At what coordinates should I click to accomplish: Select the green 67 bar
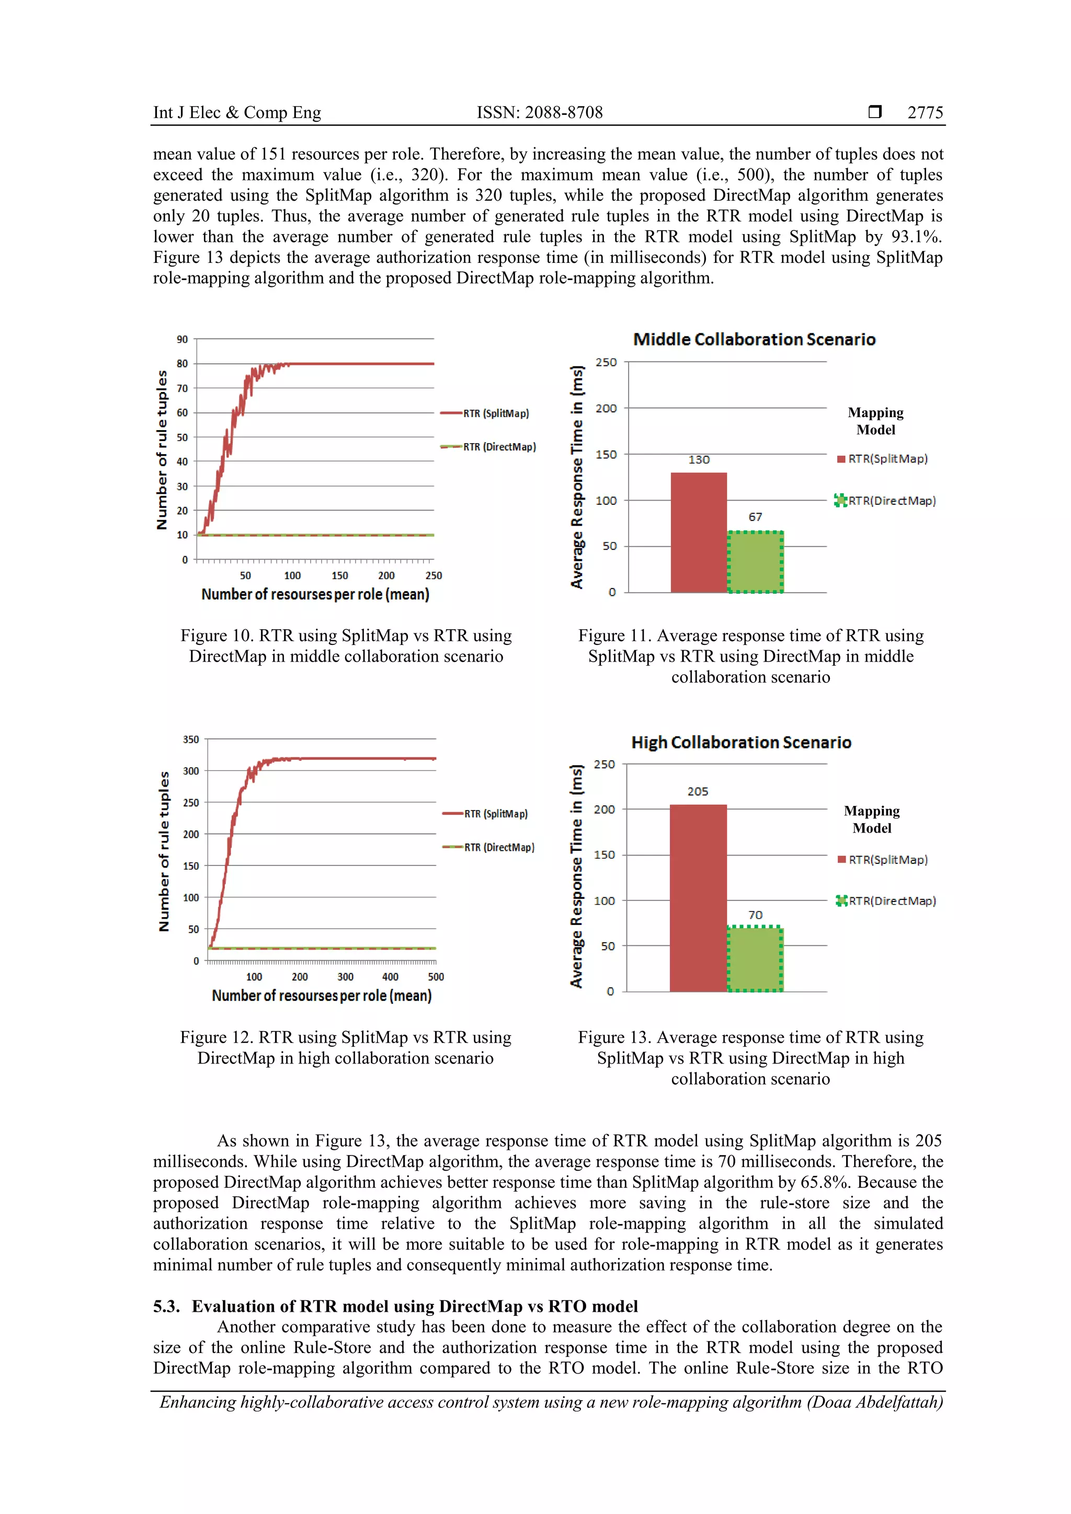(x=755, y=562)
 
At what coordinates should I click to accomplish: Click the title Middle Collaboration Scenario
(x=754, y=340)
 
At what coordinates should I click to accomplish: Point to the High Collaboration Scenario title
(x=740, y=743)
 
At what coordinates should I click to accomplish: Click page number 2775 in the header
(x=925, y=113)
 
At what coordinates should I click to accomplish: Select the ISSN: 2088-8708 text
(x=539, y=113)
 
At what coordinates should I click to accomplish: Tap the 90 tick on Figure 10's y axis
(x=182, y=339)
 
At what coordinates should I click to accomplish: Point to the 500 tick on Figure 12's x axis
(x=436, y=977)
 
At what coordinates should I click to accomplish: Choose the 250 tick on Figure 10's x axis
(x=434, y=576)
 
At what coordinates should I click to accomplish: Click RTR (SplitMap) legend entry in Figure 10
(x=495, y=413)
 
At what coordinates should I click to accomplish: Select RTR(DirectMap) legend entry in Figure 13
(x=892, y=901)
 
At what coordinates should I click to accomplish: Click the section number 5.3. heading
(x=166, y=1307)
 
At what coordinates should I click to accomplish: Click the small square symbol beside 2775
(x=875, y=111)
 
